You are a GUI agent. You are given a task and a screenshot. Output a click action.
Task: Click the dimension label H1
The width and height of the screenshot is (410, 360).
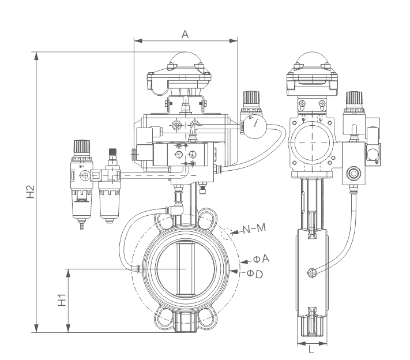pyautogui.click(x=63, y=301)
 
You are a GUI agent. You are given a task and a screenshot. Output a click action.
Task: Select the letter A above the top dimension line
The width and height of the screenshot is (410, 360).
pyautogui.click(x=185, y=35)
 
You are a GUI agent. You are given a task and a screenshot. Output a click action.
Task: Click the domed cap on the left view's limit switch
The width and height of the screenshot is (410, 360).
pyautogui.click(x=185, y=61)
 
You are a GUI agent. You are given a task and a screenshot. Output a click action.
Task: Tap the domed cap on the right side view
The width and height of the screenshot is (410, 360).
pyautogui.click(x=311, y=61)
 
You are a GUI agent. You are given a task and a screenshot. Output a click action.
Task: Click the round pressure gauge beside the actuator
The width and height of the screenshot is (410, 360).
pyautogui.click(x=253, y=125)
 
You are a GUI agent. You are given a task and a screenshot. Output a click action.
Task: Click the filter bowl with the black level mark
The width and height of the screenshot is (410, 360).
pyautogui.click(x=82, y=200)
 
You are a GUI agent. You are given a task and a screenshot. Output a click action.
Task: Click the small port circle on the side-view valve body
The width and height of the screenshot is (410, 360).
pyautogui.click(x=312, y=272)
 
